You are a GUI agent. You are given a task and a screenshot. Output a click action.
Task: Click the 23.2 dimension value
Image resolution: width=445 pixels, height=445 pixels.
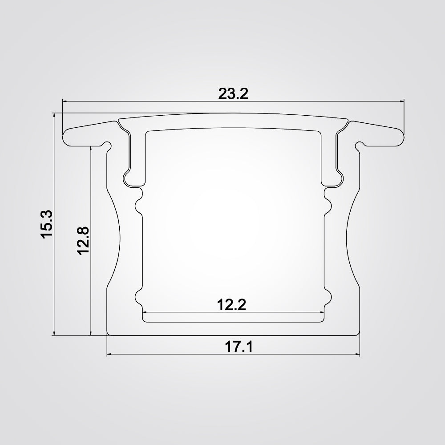pyautogui.click(x=233, y=94)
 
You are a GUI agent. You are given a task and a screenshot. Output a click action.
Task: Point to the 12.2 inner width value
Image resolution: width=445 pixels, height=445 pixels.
pyautogui.click(x=231, y=305)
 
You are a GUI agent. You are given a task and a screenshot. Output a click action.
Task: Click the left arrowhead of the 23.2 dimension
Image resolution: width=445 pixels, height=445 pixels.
pyautogui.click(x=64, y=101)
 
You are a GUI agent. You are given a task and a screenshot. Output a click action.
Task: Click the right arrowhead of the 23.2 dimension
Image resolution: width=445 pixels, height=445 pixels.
pyautogui.click(x=402, y=101)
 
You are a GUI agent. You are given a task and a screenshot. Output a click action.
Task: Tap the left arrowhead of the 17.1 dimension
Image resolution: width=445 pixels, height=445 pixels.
pyautogui.click(x=109, y=355)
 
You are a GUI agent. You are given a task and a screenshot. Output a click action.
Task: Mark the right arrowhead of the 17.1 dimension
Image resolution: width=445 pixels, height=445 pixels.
pyautogui.click(x=357, y=355)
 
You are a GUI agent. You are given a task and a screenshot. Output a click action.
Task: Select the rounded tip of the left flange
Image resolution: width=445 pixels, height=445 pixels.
pyautogui.click(x=65, y=138)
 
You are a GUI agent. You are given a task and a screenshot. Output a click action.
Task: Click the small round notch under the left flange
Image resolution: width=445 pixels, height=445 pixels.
pyautogui.click(x=107, y=144)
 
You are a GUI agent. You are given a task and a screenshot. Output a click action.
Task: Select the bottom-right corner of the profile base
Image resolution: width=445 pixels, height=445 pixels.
pyautogui.click(x=359, y=334)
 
